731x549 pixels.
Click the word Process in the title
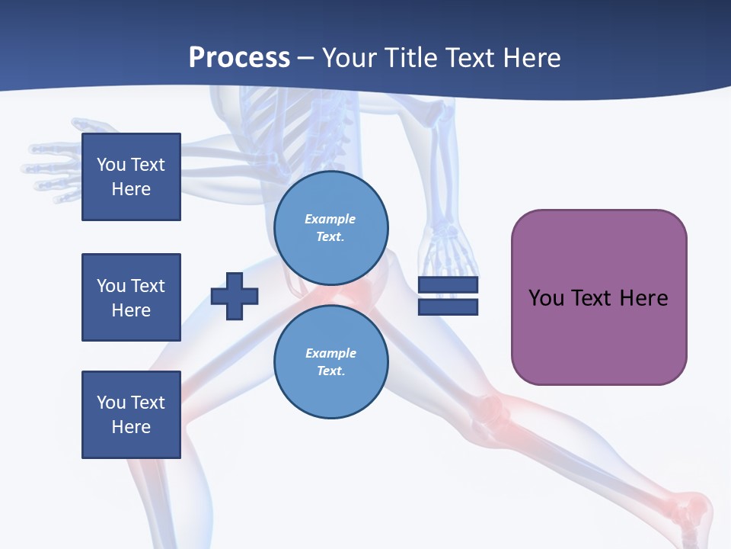click(239, 58)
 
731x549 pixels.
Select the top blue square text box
click(131, 177)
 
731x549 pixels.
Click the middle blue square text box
click(131, 297)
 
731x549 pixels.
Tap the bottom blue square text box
click(131, 415)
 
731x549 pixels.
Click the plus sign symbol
click(235, 296)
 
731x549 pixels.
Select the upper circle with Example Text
click(330, 228)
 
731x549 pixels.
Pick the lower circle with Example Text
click(330, 362)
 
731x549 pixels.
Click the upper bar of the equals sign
click(448, 285)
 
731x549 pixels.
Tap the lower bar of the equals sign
click(448, 307)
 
